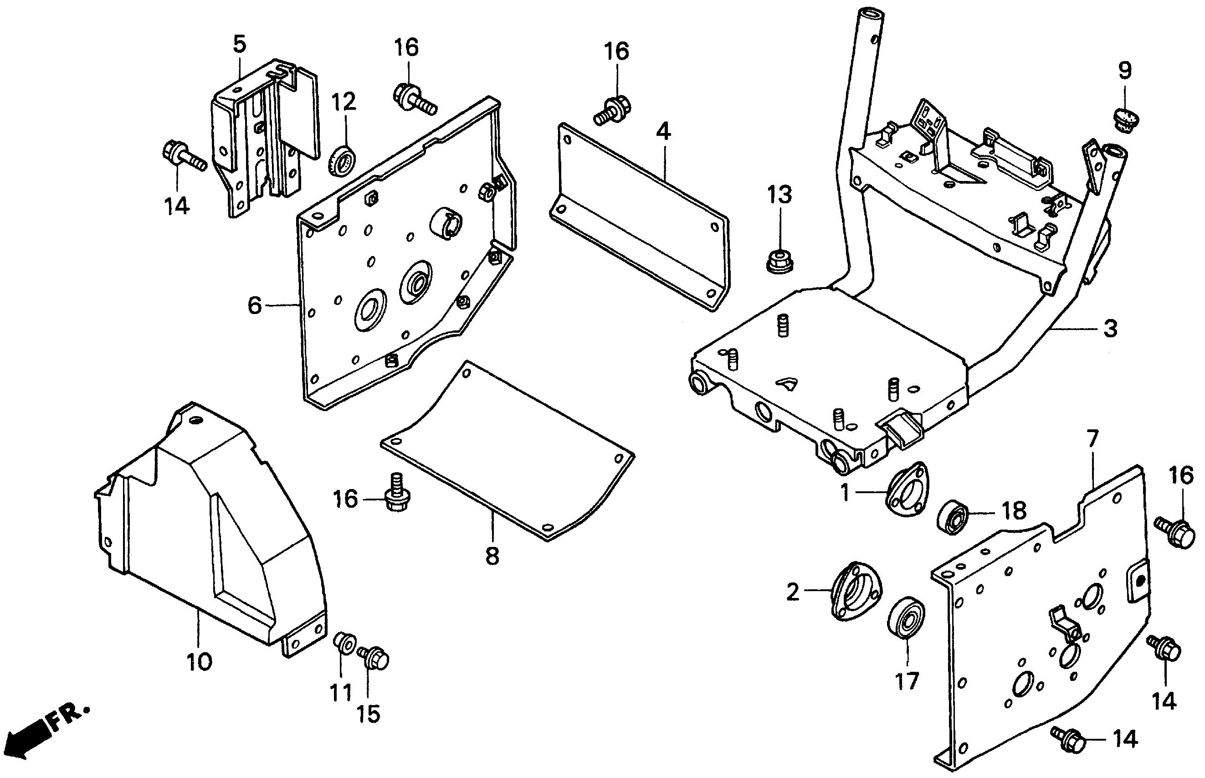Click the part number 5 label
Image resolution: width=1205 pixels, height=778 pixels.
239,45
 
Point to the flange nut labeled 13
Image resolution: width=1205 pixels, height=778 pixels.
780,260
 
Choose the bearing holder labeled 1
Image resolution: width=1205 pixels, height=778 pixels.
907,489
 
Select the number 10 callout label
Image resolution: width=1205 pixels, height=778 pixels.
199,662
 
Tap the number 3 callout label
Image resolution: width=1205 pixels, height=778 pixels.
1110,329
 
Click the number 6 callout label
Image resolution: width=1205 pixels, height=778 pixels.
256,305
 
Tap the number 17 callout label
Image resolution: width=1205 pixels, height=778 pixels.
907,682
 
